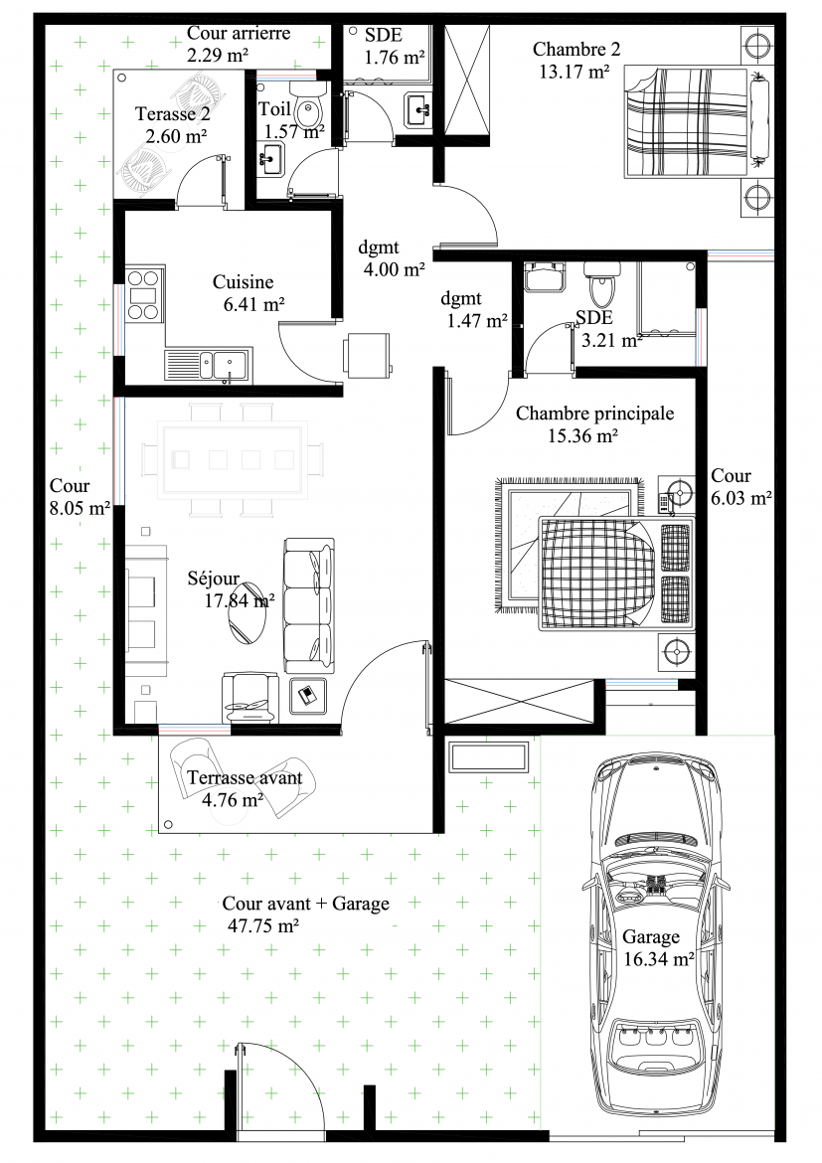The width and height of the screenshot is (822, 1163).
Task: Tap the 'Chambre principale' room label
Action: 595,414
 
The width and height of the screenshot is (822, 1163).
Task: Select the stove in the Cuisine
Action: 143,295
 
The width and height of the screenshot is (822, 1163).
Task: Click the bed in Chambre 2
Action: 697,121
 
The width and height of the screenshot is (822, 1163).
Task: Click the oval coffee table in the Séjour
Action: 247,612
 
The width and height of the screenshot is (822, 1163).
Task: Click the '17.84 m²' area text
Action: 239,600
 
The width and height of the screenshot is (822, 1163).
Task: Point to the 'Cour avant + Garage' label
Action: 306,904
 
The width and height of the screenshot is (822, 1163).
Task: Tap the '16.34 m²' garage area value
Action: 659,959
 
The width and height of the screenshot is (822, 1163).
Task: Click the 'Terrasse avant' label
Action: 245,777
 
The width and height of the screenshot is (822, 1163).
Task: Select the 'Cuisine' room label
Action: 244,282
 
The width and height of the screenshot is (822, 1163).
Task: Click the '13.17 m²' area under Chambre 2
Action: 575,72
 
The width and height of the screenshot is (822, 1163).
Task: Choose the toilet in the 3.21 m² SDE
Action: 599,283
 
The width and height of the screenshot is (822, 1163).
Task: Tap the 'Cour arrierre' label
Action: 239,33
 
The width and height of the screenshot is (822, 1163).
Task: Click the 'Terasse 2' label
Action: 173,113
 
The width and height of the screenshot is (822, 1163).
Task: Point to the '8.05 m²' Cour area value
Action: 80,508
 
